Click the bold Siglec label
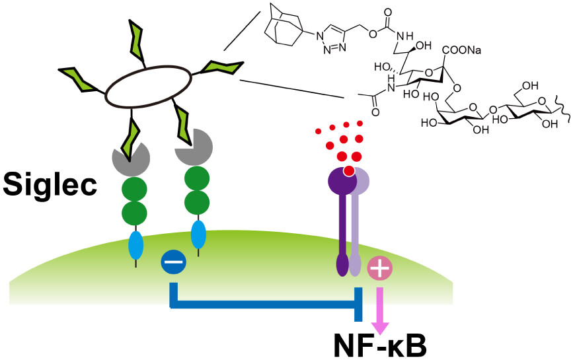[50, 184]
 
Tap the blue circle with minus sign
[174, 262]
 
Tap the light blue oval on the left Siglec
[137, 246]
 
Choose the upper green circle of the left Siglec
[135, 186]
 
